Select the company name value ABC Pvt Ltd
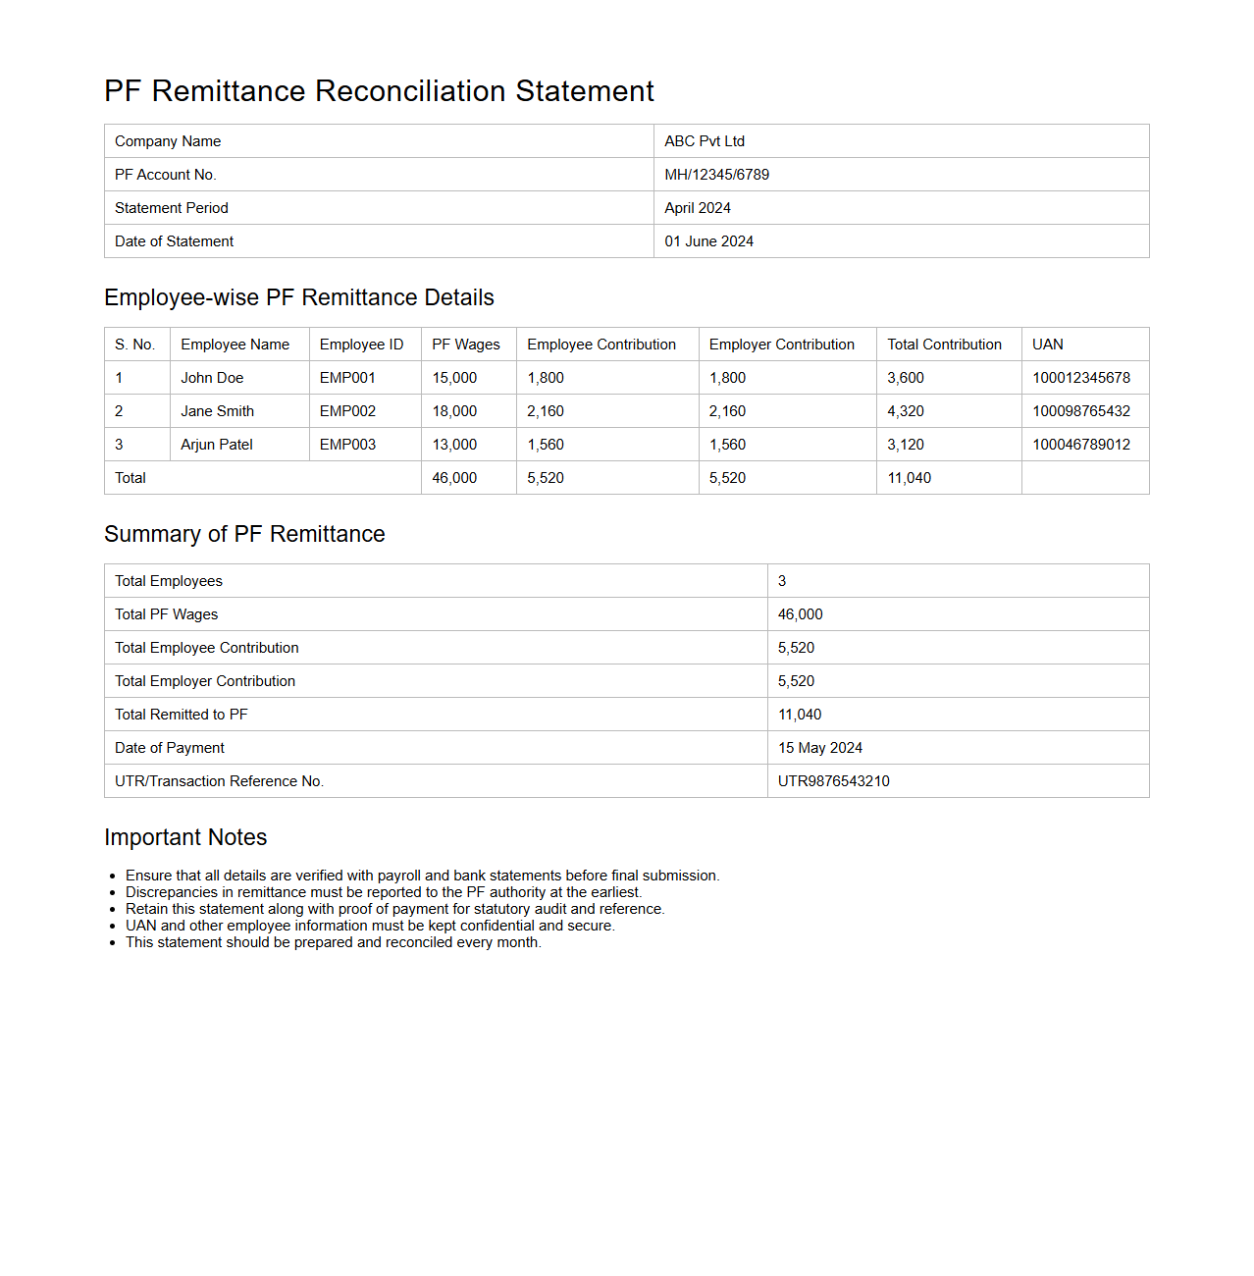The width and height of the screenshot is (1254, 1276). tap(705, 141)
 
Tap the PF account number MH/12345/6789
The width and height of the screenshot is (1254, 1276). tap(716, 175)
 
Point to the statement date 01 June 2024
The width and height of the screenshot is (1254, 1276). tap(708, 241)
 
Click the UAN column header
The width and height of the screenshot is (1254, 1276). tap(1047, 345)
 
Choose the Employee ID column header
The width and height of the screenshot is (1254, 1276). tap(361, 345)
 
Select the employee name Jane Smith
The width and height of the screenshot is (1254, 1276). tap(217, 411)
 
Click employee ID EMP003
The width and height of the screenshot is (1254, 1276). tap(347, 445)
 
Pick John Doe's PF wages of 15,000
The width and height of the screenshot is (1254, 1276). tap(454, 378)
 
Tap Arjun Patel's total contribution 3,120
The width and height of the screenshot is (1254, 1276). tap(906, 445)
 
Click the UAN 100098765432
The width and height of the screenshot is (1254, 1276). tap(1080, 411)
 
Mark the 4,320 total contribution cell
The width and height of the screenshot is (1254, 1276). tap(906, 411)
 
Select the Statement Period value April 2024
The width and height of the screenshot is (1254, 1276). tap(698, 208)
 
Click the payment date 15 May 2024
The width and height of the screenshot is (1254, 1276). tap(820, 748)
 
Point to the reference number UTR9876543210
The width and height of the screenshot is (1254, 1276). tap(834, 781)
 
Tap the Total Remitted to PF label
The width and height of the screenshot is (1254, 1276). tap(182, 715)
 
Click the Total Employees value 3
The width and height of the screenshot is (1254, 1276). tap(782, 581)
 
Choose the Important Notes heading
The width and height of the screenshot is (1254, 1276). tap(185, 837)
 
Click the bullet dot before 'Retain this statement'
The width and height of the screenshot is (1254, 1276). tap(114, 910)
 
